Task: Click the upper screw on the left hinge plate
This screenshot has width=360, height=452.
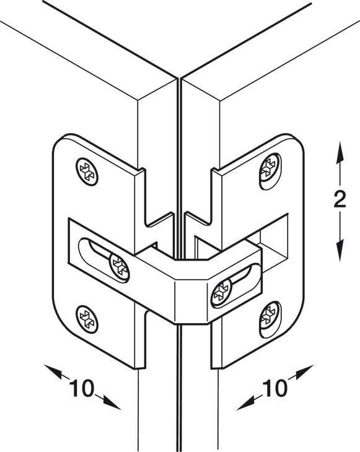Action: click(87, 172)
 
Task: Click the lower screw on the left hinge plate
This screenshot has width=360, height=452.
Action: click(87, 319)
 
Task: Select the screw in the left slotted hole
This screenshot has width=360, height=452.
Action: click(120, 267)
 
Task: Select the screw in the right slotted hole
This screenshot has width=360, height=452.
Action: click(221, 293)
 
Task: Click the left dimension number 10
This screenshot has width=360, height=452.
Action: click(81, 388)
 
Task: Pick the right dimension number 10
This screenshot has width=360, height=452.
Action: click(274, 388)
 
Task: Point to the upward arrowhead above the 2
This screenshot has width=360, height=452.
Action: click(340, 153)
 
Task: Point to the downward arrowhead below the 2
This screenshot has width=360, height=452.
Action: click(340, 250)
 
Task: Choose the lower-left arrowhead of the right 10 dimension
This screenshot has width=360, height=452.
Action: click(246, 403)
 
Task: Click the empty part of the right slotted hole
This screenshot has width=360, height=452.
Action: click(245, 276)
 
